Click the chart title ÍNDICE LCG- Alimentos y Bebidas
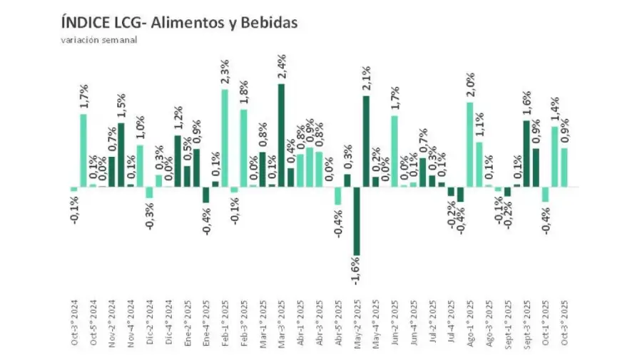[x=179, y=24]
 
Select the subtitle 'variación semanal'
[x=98, y=40]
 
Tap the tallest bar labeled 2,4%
[x=281, y=135]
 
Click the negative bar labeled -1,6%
[x=356, y=221]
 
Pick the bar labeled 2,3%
[x=225, y=138]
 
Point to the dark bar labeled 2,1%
[x=365, y=141]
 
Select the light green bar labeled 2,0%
[x=469, y=145]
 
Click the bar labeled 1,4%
[x=554, y=157]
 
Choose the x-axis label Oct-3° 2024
[x=74, y=322]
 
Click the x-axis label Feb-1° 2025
[x=225, y=322]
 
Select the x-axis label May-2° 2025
[x=357, y=322]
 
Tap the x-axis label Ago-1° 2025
[x=469, y=322]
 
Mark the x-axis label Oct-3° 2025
[x=564, y=322]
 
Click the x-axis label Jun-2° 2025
[x=394, y=322]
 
